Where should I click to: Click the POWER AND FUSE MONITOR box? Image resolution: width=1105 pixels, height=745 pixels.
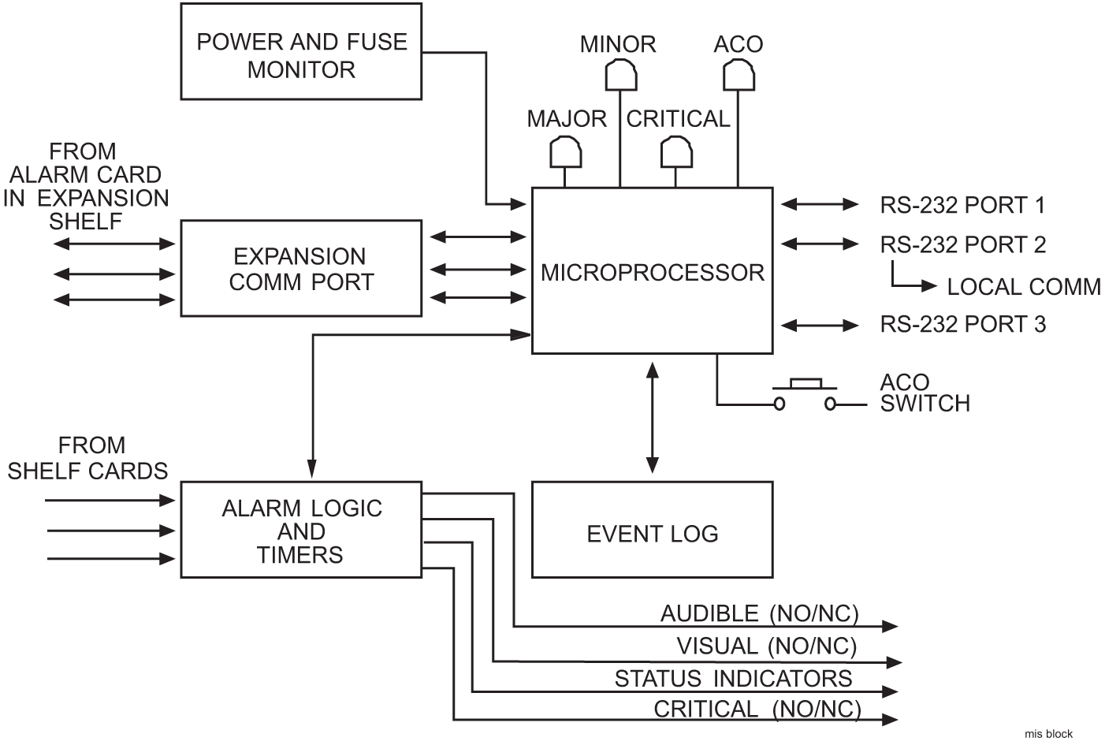[301, 52]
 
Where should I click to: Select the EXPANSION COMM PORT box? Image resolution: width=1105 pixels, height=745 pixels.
[301, 269]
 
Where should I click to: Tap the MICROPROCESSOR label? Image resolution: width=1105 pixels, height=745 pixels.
[652, 273]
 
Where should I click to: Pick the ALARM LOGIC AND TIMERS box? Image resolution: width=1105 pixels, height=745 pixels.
[301, 530]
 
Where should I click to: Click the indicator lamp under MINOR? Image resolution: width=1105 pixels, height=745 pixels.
[620, 76]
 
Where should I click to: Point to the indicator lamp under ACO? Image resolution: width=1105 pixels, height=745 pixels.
[739, 76]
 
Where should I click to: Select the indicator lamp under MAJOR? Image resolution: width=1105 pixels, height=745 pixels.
[565, 151]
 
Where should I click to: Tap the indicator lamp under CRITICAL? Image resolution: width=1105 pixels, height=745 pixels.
[675, 151]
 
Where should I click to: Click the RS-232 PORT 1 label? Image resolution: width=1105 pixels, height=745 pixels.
[962, 206]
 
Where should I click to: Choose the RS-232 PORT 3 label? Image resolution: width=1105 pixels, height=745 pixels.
[962, 324]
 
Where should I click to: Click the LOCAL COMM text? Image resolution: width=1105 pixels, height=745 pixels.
[1023, 287]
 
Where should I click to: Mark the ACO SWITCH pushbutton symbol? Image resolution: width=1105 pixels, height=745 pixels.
[805, 394]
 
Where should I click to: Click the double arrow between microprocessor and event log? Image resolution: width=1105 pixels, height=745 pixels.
[652, 417]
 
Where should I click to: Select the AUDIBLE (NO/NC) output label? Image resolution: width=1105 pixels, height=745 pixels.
[759, 613]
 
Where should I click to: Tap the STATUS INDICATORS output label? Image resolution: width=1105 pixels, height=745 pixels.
[733, 678]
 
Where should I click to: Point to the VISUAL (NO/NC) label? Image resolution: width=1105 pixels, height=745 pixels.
[766, 646]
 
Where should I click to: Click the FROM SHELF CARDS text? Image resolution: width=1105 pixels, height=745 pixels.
[88, 458]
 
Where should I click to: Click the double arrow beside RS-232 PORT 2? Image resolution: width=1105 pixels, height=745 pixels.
[820, 244]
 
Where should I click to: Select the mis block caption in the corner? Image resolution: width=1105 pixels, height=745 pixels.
[1048, 733]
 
